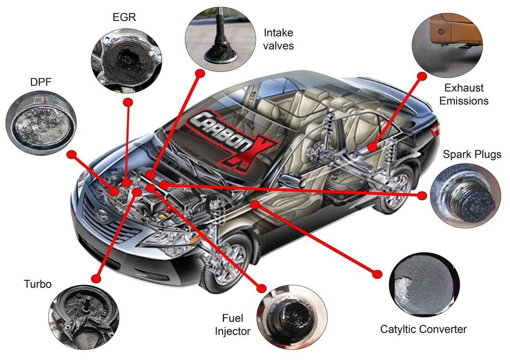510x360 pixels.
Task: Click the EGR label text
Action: (124, 17)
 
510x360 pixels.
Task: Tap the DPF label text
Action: (41, 82)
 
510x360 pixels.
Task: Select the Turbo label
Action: (38, 284)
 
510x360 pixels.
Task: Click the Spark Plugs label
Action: (472, 154)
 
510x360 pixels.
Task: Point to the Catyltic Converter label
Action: (423, 329)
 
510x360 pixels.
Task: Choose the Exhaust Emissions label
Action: (464, 94)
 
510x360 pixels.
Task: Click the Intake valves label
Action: (278, 39)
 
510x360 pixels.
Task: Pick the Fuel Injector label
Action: (233, 325)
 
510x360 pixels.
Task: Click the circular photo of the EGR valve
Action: (126, 60)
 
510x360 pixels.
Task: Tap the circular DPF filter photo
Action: (41, 122)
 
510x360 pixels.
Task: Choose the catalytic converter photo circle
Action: (424, 284)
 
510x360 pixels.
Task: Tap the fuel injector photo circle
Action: (292, 317)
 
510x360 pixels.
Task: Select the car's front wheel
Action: (225, 263)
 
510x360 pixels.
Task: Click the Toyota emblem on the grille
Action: (102, 214)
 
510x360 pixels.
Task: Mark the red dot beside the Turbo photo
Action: (96, 279)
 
